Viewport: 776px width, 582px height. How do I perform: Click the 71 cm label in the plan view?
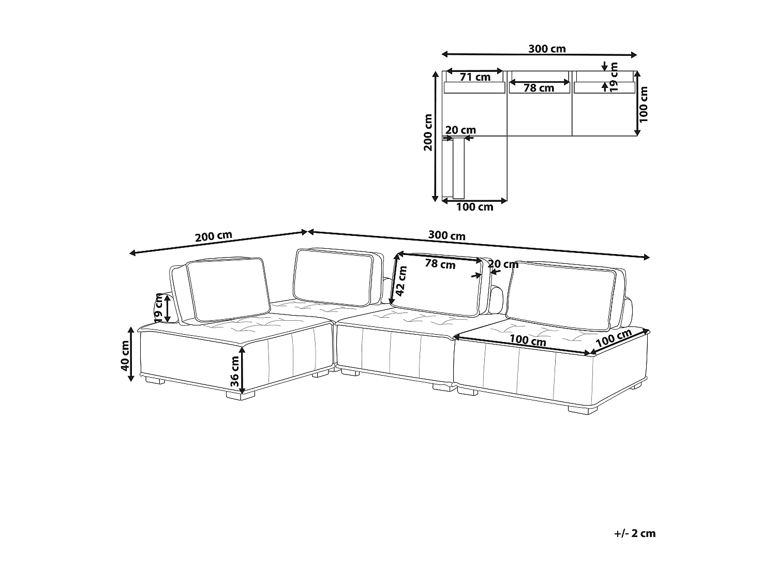(x=475, y=77)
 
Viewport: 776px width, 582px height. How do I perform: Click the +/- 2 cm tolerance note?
(x=635, y=533)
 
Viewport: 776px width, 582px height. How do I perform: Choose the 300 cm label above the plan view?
(x=547, y=49)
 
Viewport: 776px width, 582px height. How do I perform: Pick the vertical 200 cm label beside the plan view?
(x=428, y=132)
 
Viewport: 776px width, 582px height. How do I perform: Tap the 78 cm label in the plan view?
(x=539, y=88)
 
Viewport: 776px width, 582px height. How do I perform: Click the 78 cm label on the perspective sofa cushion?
(x=440, y=264)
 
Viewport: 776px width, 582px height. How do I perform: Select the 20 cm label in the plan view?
(x=460, y=130)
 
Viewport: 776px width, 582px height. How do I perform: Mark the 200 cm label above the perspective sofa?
(x=213, y=236)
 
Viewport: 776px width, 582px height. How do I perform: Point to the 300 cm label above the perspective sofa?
(x=446, y=236)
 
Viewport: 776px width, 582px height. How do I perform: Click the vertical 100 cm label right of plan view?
(x=643, y=104)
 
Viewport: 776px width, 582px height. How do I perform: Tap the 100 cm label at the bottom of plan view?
(x=474, y=207)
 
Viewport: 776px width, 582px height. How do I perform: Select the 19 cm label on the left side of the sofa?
(x=159, y=308)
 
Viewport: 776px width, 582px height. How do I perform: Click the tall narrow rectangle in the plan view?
(x=458, y=168)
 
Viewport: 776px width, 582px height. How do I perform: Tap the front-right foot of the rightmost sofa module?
(x=582, y=409)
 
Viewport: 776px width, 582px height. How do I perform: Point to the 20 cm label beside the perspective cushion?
(x=503, y=265)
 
